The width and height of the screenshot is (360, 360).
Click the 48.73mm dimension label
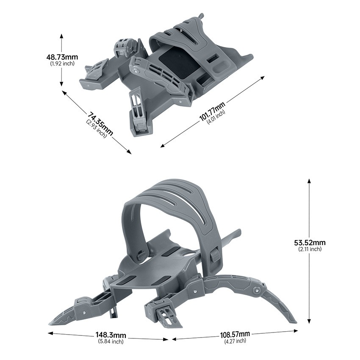click(x=62, y=57)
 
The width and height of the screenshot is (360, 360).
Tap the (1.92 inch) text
click(x=62, y=63)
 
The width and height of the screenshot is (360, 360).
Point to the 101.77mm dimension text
click(x=212, y=111)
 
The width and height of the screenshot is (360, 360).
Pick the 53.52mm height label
click(x=310, y=243)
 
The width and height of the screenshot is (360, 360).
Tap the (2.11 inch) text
click(x=310, y=249)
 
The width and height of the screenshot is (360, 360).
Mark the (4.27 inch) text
click(x=235, y=341)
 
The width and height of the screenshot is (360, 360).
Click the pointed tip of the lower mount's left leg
click(x=51, y=322)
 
